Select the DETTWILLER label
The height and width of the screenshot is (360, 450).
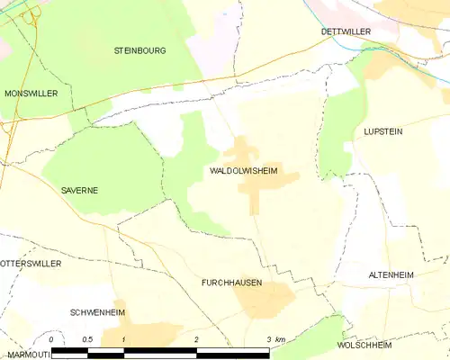pos(346,31)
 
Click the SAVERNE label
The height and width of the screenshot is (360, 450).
pos(79,191)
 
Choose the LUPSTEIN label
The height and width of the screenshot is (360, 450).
pos(382,131)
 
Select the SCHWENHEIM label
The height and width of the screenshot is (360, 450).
pos(97,312)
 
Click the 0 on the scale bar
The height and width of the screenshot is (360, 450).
pos(51,339)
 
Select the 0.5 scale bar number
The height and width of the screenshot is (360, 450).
pos(86,339)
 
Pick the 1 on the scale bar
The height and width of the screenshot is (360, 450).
pos(123,339)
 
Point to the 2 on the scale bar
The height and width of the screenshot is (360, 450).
pos(195,339)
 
